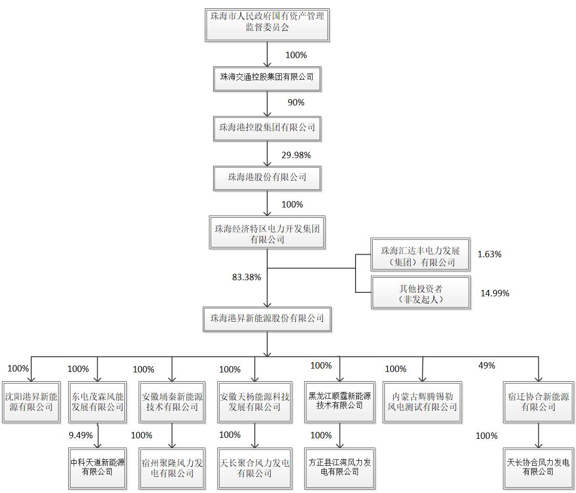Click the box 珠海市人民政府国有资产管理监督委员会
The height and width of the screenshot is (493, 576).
click(x=267, y=22)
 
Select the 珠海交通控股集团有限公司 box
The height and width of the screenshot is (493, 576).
click(x=267, y=77)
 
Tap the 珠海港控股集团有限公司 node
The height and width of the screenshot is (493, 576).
click(x=267, y=128)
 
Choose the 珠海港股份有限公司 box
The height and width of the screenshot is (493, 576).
click(x=267, y=177)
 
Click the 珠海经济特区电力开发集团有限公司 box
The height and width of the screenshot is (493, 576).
click(x=267, y=234)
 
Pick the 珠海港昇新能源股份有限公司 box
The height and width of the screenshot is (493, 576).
click(x=267, y=318)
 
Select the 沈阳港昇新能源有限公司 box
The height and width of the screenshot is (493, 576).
click(x=31, y=402)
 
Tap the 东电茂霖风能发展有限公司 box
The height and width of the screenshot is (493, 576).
click(x=98, y=402)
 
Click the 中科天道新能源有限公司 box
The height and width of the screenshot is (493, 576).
click(x=98, y=467)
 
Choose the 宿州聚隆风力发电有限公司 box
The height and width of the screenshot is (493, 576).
click(x=172, y=467)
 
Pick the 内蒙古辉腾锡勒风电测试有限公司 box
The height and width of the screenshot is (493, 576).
click(x=422, y=402)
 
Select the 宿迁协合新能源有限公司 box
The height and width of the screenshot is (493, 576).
click(x=538, y=402)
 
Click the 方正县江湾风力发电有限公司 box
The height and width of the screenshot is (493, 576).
click(x=339, y=467)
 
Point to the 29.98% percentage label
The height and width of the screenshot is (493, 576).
click(x=296, y=155)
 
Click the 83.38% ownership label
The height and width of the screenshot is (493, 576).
click(x=246, y=277)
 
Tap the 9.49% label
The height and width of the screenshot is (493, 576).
click(x=80, y=435)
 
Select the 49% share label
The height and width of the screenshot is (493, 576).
click(x=486, y=366)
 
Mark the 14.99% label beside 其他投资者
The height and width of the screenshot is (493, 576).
click(x=495, y=293)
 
